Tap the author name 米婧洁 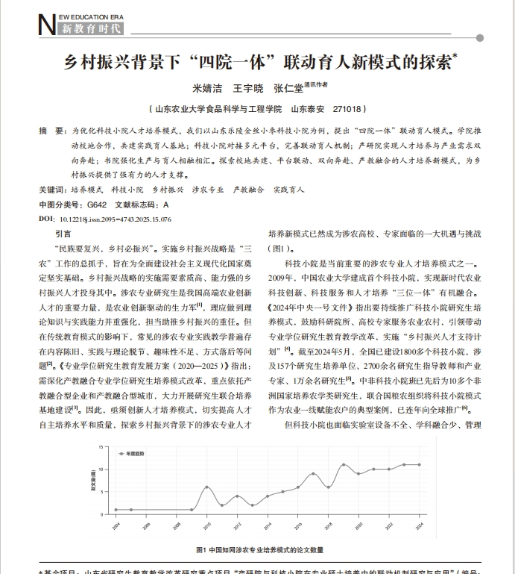209,88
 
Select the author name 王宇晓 249,88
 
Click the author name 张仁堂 288,88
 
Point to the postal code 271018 349,108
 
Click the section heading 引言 63,234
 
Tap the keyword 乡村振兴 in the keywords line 167,190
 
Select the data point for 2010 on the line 207,487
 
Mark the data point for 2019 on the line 344,464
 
